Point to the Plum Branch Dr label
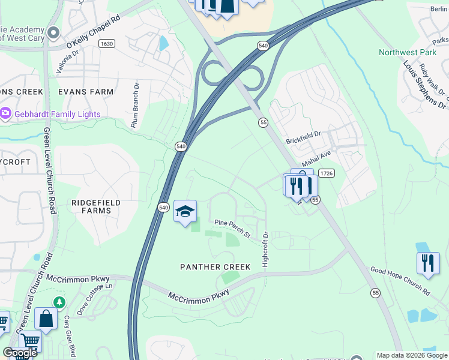(x=135, y=104)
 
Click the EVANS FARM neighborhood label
(x=86, y=92)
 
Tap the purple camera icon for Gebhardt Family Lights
(x=6, y=113)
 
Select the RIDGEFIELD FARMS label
(x=92, y=207)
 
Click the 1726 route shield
(x=326, y=173)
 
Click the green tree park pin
(x=58, y=302)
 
